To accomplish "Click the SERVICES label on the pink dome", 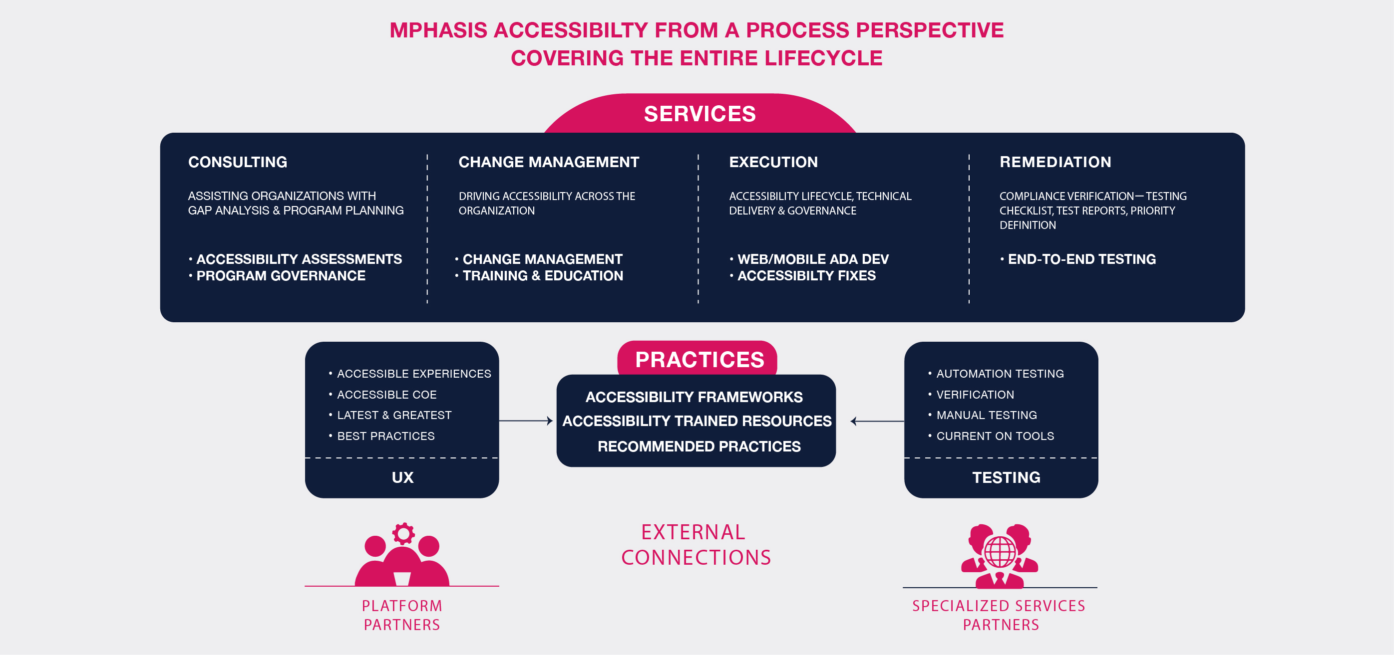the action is point(699,114).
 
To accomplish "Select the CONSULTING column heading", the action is point(238,162).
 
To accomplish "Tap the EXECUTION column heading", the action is point(773,162).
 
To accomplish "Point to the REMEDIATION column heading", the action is point(1055,162).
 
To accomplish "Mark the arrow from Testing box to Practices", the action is point(877,421).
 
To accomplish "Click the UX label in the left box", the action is point(402,477).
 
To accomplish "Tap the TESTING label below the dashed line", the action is point(1006,477).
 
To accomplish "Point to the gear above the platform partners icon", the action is point(403,534).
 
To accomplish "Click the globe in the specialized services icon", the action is point(1000,551).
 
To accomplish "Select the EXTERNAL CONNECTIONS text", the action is point(696,545).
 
